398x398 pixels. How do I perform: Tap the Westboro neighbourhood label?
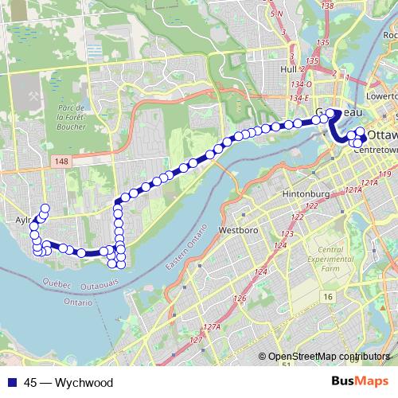click(235, 231)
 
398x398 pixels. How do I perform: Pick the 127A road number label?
click(210, 327)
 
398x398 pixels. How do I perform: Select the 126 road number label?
click(240, 298)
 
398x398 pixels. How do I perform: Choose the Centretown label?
click(377, 149)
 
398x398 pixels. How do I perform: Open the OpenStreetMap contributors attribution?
click(329, 357)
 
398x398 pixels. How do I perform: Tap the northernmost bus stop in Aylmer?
click(45, 209)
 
